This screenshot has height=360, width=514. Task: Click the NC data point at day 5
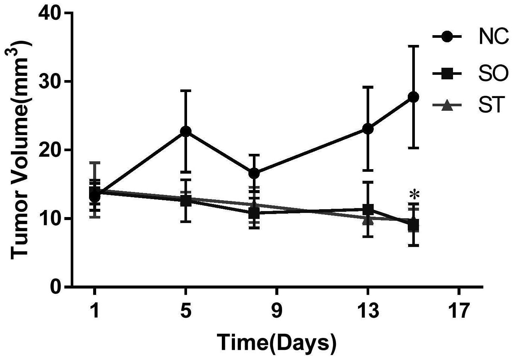point(186,131)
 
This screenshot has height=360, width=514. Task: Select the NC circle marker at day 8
point(254,173)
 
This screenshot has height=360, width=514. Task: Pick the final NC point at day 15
point(413,97)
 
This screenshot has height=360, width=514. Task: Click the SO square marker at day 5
point(186,201)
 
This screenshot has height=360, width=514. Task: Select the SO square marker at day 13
point(368,209)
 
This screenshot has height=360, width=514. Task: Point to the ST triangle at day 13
point(368,220)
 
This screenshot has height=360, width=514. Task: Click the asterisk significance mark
point(414,195)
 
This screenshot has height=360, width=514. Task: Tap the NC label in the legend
point(493,37)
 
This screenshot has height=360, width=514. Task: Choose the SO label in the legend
point(493,74)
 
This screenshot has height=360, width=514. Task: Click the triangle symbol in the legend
point(447,106)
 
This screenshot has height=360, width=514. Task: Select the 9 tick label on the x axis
point(277,310)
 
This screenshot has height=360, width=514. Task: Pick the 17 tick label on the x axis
point(459,310)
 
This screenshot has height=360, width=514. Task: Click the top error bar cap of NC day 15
point(413,46)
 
